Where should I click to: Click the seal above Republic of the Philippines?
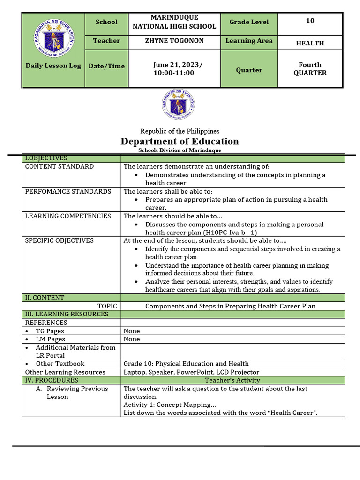pyautogui.click(x=179, y=105)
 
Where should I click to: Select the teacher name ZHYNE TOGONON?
pyautogui.click(x=174, y=41)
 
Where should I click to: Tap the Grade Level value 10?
pyautogui.click(x=310, y=21)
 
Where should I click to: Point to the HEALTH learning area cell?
pyautogui.click(x=310, y=43)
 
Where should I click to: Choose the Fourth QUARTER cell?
pyautogui.click(x=310, y=69)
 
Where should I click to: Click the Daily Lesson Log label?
pyautogui.click(x=53, y=66)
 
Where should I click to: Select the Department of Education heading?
pyautogui.click(x=180, y=141)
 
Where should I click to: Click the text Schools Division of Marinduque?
pyautogui.click(x=180, y=150)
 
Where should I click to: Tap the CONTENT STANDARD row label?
pyautogui.click(x=60, y=166)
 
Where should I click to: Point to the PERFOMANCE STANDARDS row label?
pyautogui.click(x=68, y=191)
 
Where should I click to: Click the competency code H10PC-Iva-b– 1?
pyautogui.click(x=230, y=232)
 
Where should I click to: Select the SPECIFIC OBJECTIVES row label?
pyautogui.click(x=60, y=240)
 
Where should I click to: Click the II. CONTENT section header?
pyautogui.click(x=45, y=298)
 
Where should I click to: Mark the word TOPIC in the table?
pyautogui.click(x=107, y=306)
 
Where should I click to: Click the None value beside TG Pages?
pyautogui.click(x=132, y=331)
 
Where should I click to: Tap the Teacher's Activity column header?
pyautogui.click(x=232, y=380)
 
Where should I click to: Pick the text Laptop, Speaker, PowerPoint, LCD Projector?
pyautogui.click(x=191, y=372)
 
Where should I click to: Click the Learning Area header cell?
pyautogui.click(x=249, y=41)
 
